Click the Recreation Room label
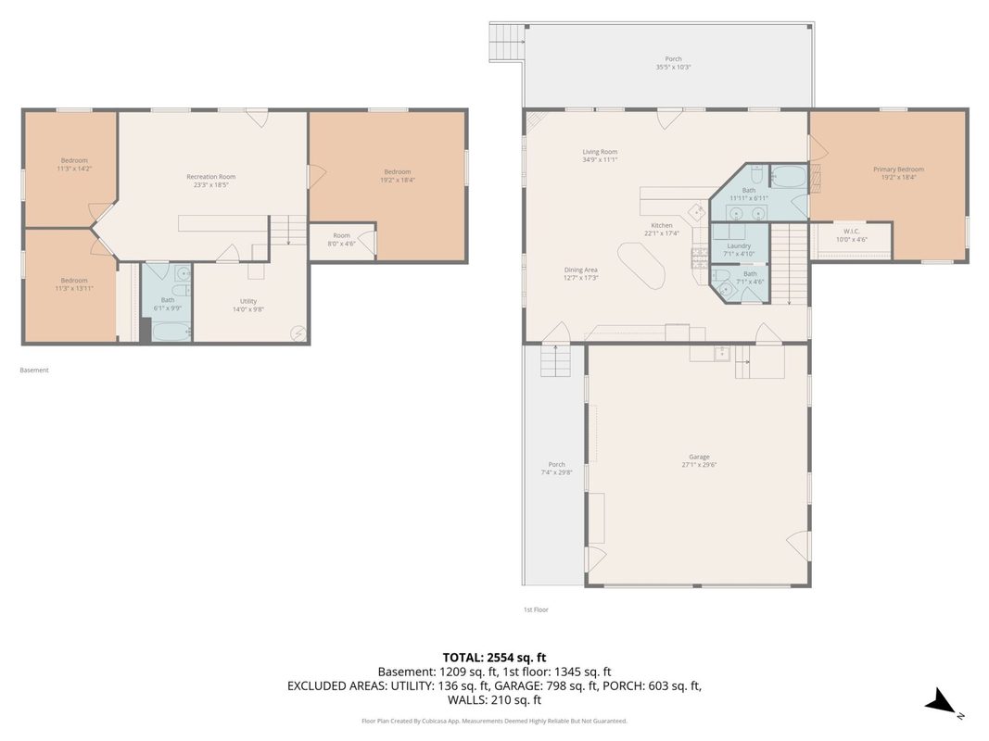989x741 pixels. [x=210, y=177]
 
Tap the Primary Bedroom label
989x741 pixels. [x=898, y=170]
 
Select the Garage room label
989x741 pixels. [x=699, y=457]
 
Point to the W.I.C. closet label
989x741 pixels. [x=852, y=232]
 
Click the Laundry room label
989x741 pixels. [x=739, y=245]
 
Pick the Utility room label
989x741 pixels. [x=247, y=301]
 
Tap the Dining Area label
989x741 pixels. [x=580, y=270]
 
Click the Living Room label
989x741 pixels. [x=600, y=152]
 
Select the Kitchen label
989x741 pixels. [x=662, y=225]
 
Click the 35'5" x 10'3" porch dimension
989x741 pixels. [x=673, y=67]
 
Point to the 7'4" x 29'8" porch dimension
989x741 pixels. [x=556, y=472]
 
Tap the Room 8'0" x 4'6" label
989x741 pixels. [x=341, y=240]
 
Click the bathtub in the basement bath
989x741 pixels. [x=171, y=331]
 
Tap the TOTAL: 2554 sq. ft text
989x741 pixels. [x=494, y=658]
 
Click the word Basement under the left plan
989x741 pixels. [x=34, y=370]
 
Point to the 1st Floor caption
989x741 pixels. [x=536, y=609]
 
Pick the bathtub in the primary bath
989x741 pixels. [x=789, y=176]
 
